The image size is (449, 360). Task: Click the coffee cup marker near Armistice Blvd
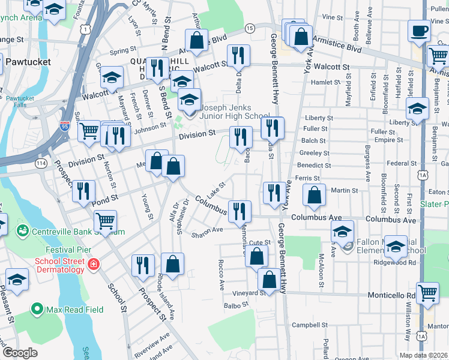point(419,31)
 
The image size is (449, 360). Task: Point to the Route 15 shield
point(249,28)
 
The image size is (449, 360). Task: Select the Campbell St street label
point(305,326)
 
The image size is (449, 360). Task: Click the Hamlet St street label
point(326,82)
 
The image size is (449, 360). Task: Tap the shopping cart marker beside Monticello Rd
point(427,293)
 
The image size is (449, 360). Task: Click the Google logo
point(20,353)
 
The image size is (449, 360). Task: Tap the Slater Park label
point(435,205)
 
